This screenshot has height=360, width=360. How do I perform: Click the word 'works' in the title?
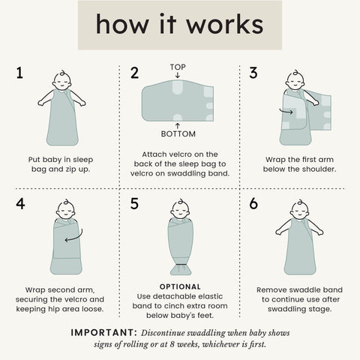(225, 24)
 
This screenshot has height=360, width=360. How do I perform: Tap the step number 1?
(19, 73)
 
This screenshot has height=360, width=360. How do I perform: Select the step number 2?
(134, 73)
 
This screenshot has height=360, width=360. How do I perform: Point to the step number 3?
(253, 73)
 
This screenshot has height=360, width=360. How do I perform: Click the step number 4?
(20, 203)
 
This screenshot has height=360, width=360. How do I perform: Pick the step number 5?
(134, 203)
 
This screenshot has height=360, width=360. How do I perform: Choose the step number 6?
(253, 203)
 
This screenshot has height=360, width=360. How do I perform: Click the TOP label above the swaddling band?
(178, 67)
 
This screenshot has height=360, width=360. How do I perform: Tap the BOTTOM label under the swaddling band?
(178, 134)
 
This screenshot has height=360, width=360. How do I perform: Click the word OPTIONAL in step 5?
(180, 286)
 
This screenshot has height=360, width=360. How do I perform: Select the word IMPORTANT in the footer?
(103, 333)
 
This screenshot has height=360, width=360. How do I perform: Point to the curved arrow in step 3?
(286, 111)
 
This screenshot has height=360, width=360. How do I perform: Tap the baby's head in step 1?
(61, 80)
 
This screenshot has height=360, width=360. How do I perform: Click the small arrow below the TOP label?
(178, 75)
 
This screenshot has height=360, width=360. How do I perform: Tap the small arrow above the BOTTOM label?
(178, 126)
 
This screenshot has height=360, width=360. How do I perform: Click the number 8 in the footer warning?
(172, 345)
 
